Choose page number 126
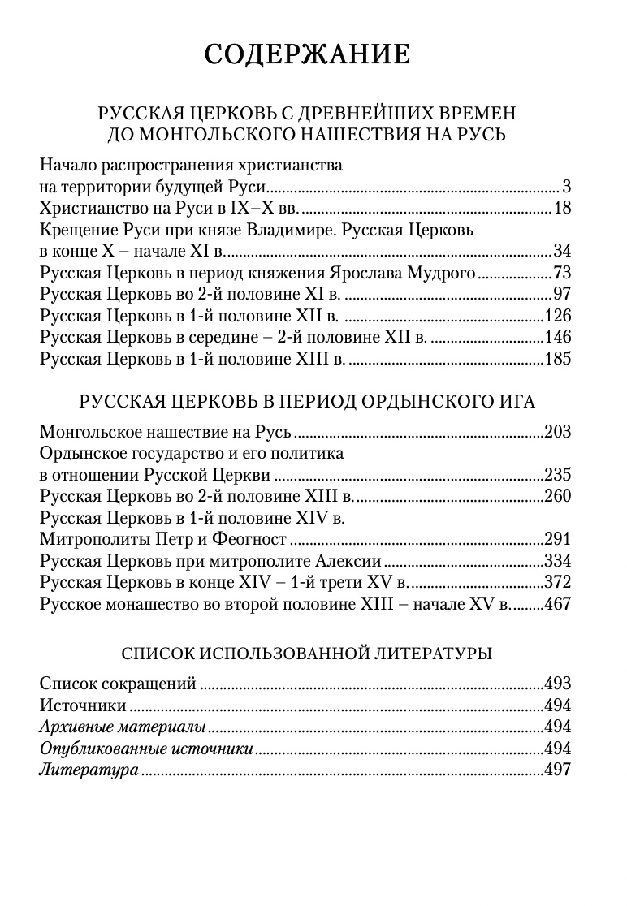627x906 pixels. (x=558, y=315)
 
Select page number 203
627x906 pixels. (x=558, y=432)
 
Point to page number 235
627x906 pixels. (x=558, y=475)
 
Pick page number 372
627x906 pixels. (x=558, y=582)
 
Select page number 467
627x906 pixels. (x=558, y=603)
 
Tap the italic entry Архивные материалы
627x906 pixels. (x=122, y=727)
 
